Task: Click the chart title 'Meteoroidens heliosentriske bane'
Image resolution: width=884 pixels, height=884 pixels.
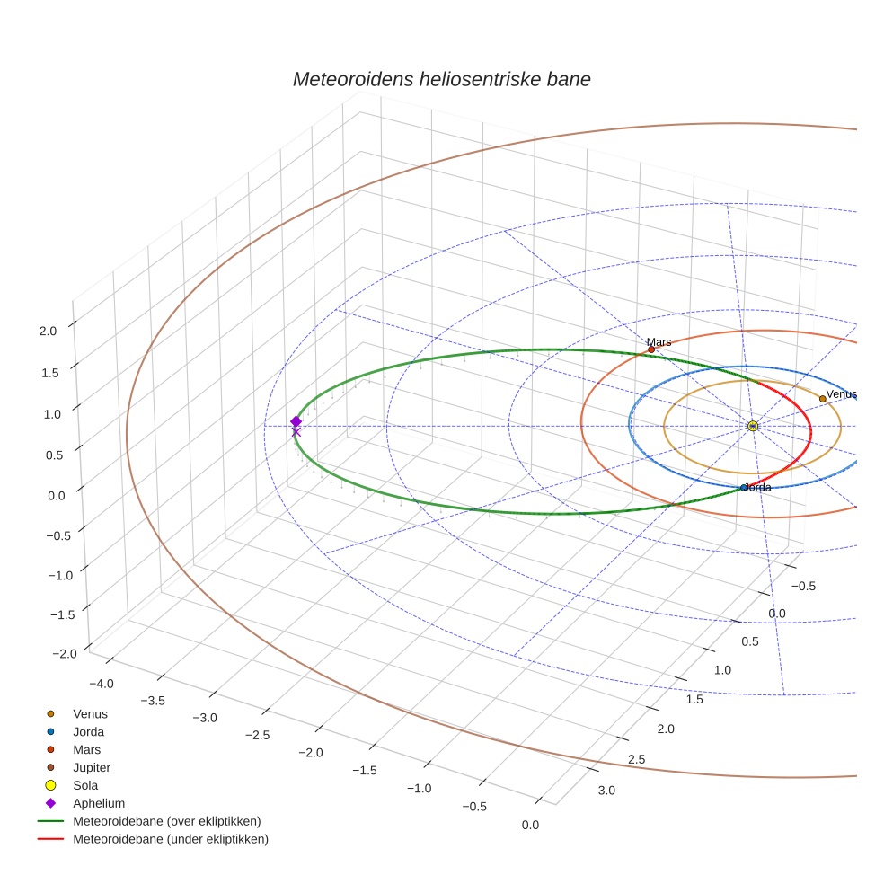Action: (441, 79)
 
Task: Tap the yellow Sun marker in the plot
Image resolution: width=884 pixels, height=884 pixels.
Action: (753, 426)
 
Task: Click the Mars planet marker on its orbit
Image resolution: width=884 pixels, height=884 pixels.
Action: (651, 349)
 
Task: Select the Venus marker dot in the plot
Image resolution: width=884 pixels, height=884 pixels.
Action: (822, 398)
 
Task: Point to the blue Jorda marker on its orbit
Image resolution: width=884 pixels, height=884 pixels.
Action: (744, 488)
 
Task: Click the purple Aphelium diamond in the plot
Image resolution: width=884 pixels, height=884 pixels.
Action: (296, 421)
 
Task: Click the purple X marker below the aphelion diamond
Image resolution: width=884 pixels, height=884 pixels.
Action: (296, 432)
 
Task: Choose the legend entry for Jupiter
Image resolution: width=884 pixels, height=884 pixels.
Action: (92, 767)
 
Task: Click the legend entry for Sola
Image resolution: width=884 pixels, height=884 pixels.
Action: (85, 785)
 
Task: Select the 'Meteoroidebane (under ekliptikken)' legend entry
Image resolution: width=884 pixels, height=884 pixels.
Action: (171, 839)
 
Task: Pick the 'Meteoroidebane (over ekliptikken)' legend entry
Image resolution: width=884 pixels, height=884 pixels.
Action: (166, 821)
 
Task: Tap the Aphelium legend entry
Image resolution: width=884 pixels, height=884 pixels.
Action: (99, 803)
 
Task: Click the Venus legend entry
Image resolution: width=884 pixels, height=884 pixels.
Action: (90, 713)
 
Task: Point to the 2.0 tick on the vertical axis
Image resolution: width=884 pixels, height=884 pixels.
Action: (48, 331)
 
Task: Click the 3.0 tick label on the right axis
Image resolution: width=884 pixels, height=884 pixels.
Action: (606, 791)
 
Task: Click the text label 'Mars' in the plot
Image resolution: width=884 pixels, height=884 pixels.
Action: (659, 342)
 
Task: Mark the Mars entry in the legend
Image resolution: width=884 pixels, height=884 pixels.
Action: (86, 749)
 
